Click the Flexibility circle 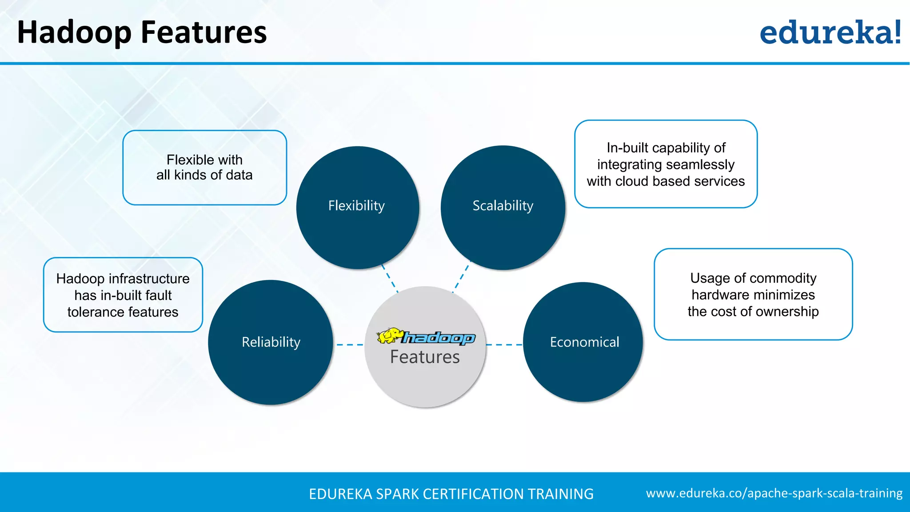point(357,207)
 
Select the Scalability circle point(503,207)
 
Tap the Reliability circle point(271,342)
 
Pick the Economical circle point(583,342)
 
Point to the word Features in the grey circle point(425,357)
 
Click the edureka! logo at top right point(830,33)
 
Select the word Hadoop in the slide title point(74,33)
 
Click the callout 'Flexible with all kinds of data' point(205,168)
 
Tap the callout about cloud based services point(666,164)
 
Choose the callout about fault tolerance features point(123,295)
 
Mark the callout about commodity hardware point(753,295)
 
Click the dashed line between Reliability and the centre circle point(349,344)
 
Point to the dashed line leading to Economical point(504,344)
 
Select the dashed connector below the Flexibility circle point(390,279)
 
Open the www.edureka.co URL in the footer point(774,493)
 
